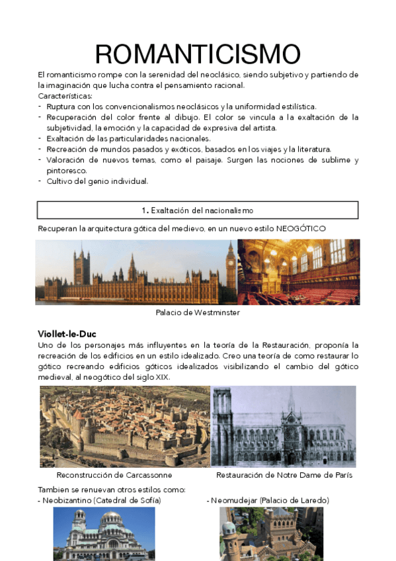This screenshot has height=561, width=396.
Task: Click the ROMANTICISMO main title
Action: [198, 53]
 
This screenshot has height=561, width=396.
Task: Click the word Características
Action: [65, 96]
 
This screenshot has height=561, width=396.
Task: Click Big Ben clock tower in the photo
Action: [231, 265]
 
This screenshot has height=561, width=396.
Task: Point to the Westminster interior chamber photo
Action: [299, 271]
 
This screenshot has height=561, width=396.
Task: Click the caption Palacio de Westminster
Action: [198, 312]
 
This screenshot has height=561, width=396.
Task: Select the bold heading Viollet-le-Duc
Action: [67, 334]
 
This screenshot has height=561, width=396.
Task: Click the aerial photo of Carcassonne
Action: [124, 427]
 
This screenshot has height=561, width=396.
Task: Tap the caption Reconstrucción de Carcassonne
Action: [114, 475]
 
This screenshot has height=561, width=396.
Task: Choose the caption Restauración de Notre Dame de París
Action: [284, 475]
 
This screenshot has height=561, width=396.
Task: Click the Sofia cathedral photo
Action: [104, 535]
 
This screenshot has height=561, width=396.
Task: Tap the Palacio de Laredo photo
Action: [271, 535]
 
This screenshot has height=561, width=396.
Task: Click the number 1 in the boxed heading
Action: [144, 210]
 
